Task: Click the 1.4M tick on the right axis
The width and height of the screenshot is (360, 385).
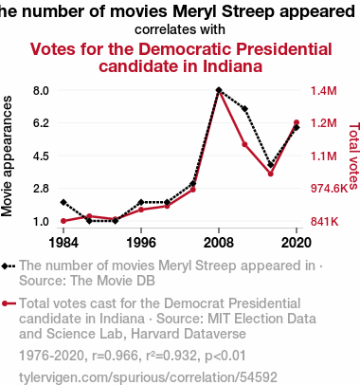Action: [x=324, y=91]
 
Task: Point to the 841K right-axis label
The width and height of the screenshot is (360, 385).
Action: [x=324, y=222]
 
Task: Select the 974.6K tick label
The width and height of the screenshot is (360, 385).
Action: [x=329, y=189]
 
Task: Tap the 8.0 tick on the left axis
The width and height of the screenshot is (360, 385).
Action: [x=41, y=91]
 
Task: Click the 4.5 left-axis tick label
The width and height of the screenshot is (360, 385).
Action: [x=41, y=156]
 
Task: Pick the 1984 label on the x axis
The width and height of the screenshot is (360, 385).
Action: [x=63, y=243]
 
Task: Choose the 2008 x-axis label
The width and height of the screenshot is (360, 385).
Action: [x=219, y=243]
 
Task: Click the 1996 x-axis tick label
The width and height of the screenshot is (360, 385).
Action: [x=141, y=243]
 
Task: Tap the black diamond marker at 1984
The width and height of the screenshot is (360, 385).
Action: [x=63, y=202]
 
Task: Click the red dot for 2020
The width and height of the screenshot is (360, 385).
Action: [x=297, y=122]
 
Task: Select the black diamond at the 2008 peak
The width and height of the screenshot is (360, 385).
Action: [x=219, y=90]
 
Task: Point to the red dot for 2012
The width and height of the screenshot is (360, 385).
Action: [x=244, y=144]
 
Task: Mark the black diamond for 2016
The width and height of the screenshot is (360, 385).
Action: [x=271, y=165]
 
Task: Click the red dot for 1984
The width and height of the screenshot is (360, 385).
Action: [x=63, y=221]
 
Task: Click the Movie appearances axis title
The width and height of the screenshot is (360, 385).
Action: [x=7, y=156]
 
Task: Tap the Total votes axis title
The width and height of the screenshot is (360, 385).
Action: [x=354, y=156]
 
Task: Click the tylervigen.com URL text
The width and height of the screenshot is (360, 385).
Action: [x=148, y=377]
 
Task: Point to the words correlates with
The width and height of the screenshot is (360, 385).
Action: [x=180, y=29]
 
